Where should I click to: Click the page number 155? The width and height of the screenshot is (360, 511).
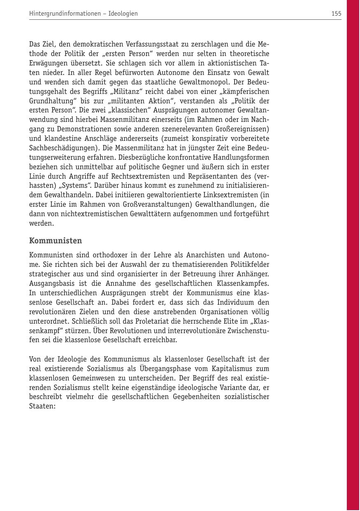336,14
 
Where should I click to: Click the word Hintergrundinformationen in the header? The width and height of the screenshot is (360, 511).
65,14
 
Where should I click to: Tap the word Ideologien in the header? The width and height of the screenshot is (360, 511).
123,14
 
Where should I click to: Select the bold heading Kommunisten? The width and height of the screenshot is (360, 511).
56,240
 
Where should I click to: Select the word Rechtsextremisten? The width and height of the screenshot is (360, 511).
114,176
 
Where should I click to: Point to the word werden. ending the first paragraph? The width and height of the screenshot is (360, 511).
41,224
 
